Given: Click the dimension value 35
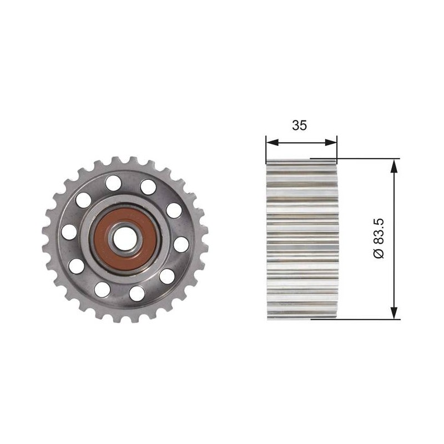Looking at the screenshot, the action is point(299,125).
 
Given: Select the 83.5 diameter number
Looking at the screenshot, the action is point(379,231).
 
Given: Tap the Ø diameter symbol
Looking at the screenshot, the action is point(379,253).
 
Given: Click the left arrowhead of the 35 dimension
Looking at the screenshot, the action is point(272,143).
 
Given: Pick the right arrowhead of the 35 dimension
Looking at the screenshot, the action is point(331,143).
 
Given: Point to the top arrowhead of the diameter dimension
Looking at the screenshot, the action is point(393,165).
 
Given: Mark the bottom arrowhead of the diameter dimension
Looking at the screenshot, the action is point(393,312).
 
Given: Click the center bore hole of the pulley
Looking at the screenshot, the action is point(125,240).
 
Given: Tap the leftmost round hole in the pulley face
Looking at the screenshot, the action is point(69,231).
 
